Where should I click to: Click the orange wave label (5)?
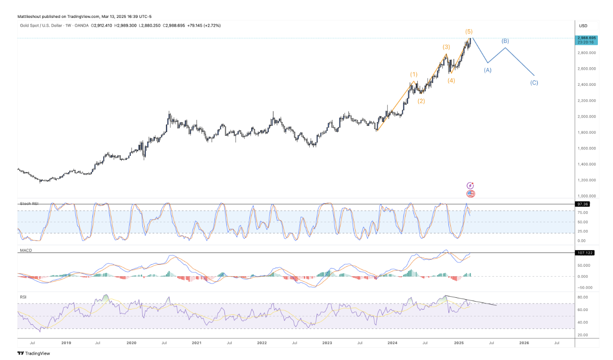[x=469, y=32]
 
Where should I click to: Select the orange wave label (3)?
[x=446, y=47]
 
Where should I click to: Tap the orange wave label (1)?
[x=414, y=74]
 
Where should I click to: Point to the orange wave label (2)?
[x=421, y=101]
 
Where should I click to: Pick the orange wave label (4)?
[x=451, y=81]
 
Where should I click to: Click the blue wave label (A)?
[x=488, y=70]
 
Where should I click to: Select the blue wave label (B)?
[x=505, y=41]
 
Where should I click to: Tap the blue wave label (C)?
[x=534, y=82]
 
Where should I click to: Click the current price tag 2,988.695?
[x=587, y=37]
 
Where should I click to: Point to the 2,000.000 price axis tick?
[x=587, y=116]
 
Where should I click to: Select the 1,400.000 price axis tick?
[x=587, y=164]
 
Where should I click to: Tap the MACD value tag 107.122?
[x=585, y=253]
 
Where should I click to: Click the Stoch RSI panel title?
[x=29, y=204]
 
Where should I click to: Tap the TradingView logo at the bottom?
[x=33, y=353]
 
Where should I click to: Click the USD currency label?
[x=583, y=25]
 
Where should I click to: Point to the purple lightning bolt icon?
[x=470, y=186]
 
